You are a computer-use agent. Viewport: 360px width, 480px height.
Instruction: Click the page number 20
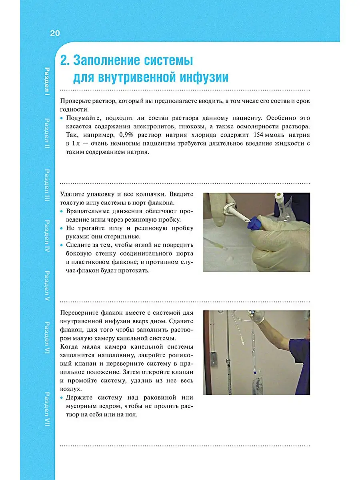click(x=55, y=33)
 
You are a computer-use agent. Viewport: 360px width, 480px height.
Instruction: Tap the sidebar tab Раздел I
click(x=47, y=80)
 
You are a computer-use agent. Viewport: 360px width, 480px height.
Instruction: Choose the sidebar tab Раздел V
click(x=47, y=286)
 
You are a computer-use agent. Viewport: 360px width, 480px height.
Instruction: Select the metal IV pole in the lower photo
click(x=228, y=352)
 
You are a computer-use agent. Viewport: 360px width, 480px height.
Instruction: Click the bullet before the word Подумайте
click(x=62, y=118)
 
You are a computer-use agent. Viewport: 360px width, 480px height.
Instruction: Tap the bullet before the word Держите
click(x=62, y=398)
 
